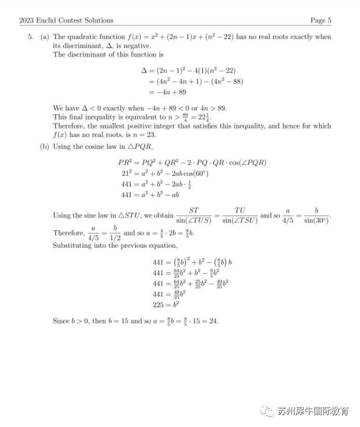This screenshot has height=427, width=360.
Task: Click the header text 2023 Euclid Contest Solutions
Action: click(x=66, y=20)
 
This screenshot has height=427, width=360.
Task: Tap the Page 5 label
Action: click(x=321, y=20)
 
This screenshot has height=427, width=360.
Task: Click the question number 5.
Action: click(x=31, y=37)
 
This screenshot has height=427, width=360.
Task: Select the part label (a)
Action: click(x=45, y=37)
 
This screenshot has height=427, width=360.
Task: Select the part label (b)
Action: click(x=45, y=146)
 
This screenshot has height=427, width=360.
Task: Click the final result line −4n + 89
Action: click(x=167, y=92)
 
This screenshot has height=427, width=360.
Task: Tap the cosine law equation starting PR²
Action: click(x=192, y=163)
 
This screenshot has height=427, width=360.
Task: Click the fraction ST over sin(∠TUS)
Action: click(x=193, y=216)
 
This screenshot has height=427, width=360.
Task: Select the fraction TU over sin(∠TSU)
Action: click(x=239, y=216)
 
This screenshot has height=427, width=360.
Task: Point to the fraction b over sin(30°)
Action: click(x=316, y=216)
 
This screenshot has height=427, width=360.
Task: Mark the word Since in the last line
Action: click(x=61, y=321)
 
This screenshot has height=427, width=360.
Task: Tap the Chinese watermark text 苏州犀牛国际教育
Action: click(x=313, y=411)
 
